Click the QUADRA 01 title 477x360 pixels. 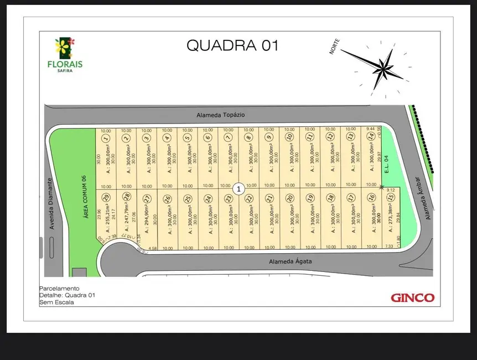coord(232,45)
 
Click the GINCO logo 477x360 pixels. coord(412,298)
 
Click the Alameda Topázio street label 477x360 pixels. coord(220,115)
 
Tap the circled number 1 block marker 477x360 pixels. coord(239,189)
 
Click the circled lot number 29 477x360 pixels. coord(106,197)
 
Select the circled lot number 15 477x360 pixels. coord(391,197)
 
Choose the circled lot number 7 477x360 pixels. coord(228,138)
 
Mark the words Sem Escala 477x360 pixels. coord(56,302)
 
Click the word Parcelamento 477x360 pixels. coord(60,289)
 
